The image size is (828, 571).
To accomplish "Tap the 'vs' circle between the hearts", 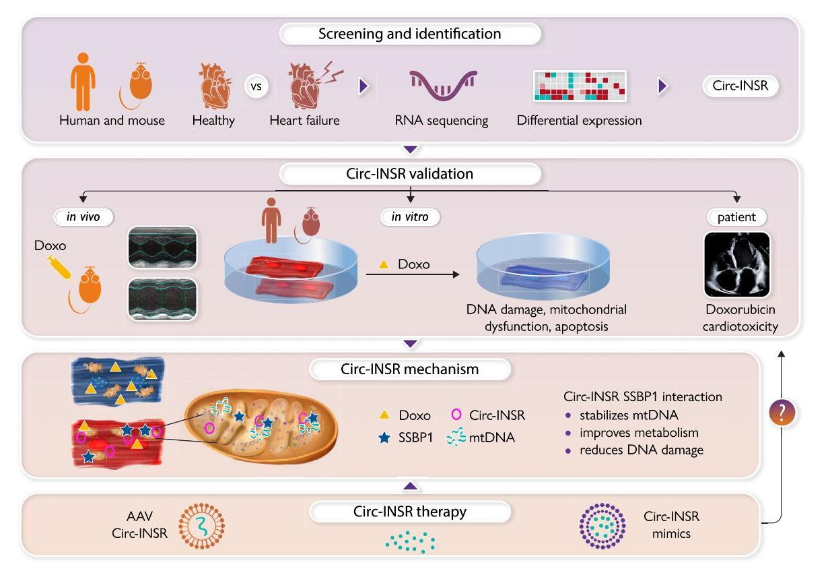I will [256, 88].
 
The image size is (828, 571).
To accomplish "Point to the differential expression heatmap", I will [580, 86].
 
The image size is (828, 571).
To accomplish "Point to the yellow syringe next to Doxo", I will [59, 273].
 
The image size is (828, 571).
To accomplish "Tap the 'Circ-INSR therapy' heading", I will [410, 512].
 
